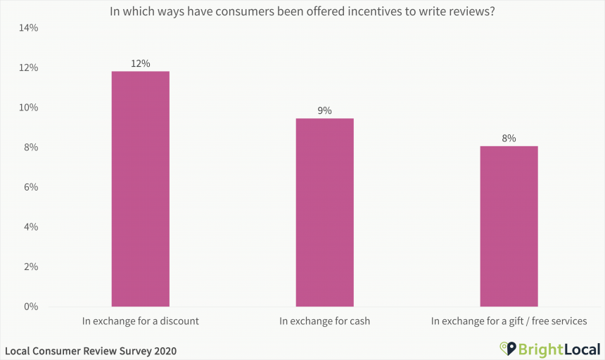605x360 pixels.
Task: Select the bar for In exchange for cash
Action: pos(324,212)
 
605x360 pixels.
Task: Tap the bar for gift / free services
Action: pos(509,226)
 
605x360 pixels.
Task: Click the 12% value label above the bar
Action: pos(140,63)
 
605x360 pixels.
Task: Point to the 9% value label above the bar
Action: pos(324,110)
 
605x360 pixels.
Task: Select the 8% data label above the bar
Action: pos(509,139)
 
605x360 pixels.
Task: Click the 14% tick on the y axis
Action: pos(29,28)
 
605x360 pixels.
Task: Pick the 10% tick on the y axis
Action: pos(29,108)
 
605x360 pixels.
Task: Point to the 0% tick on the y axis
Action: pos(31,307)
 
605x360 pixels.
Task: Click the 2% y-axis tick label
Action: pos(31,267)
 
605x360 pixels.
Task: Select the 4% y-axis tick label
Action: pos(31,227)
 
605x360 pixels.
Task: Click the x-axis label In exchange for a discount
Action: pos(140,321)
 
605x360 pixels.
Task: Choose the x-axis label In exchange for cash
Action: pos(324,321)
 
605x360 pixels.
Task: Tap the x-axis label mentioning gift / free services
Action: pos(509,321)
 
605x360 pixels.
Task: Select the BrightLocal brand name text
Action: pos(559,349)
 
